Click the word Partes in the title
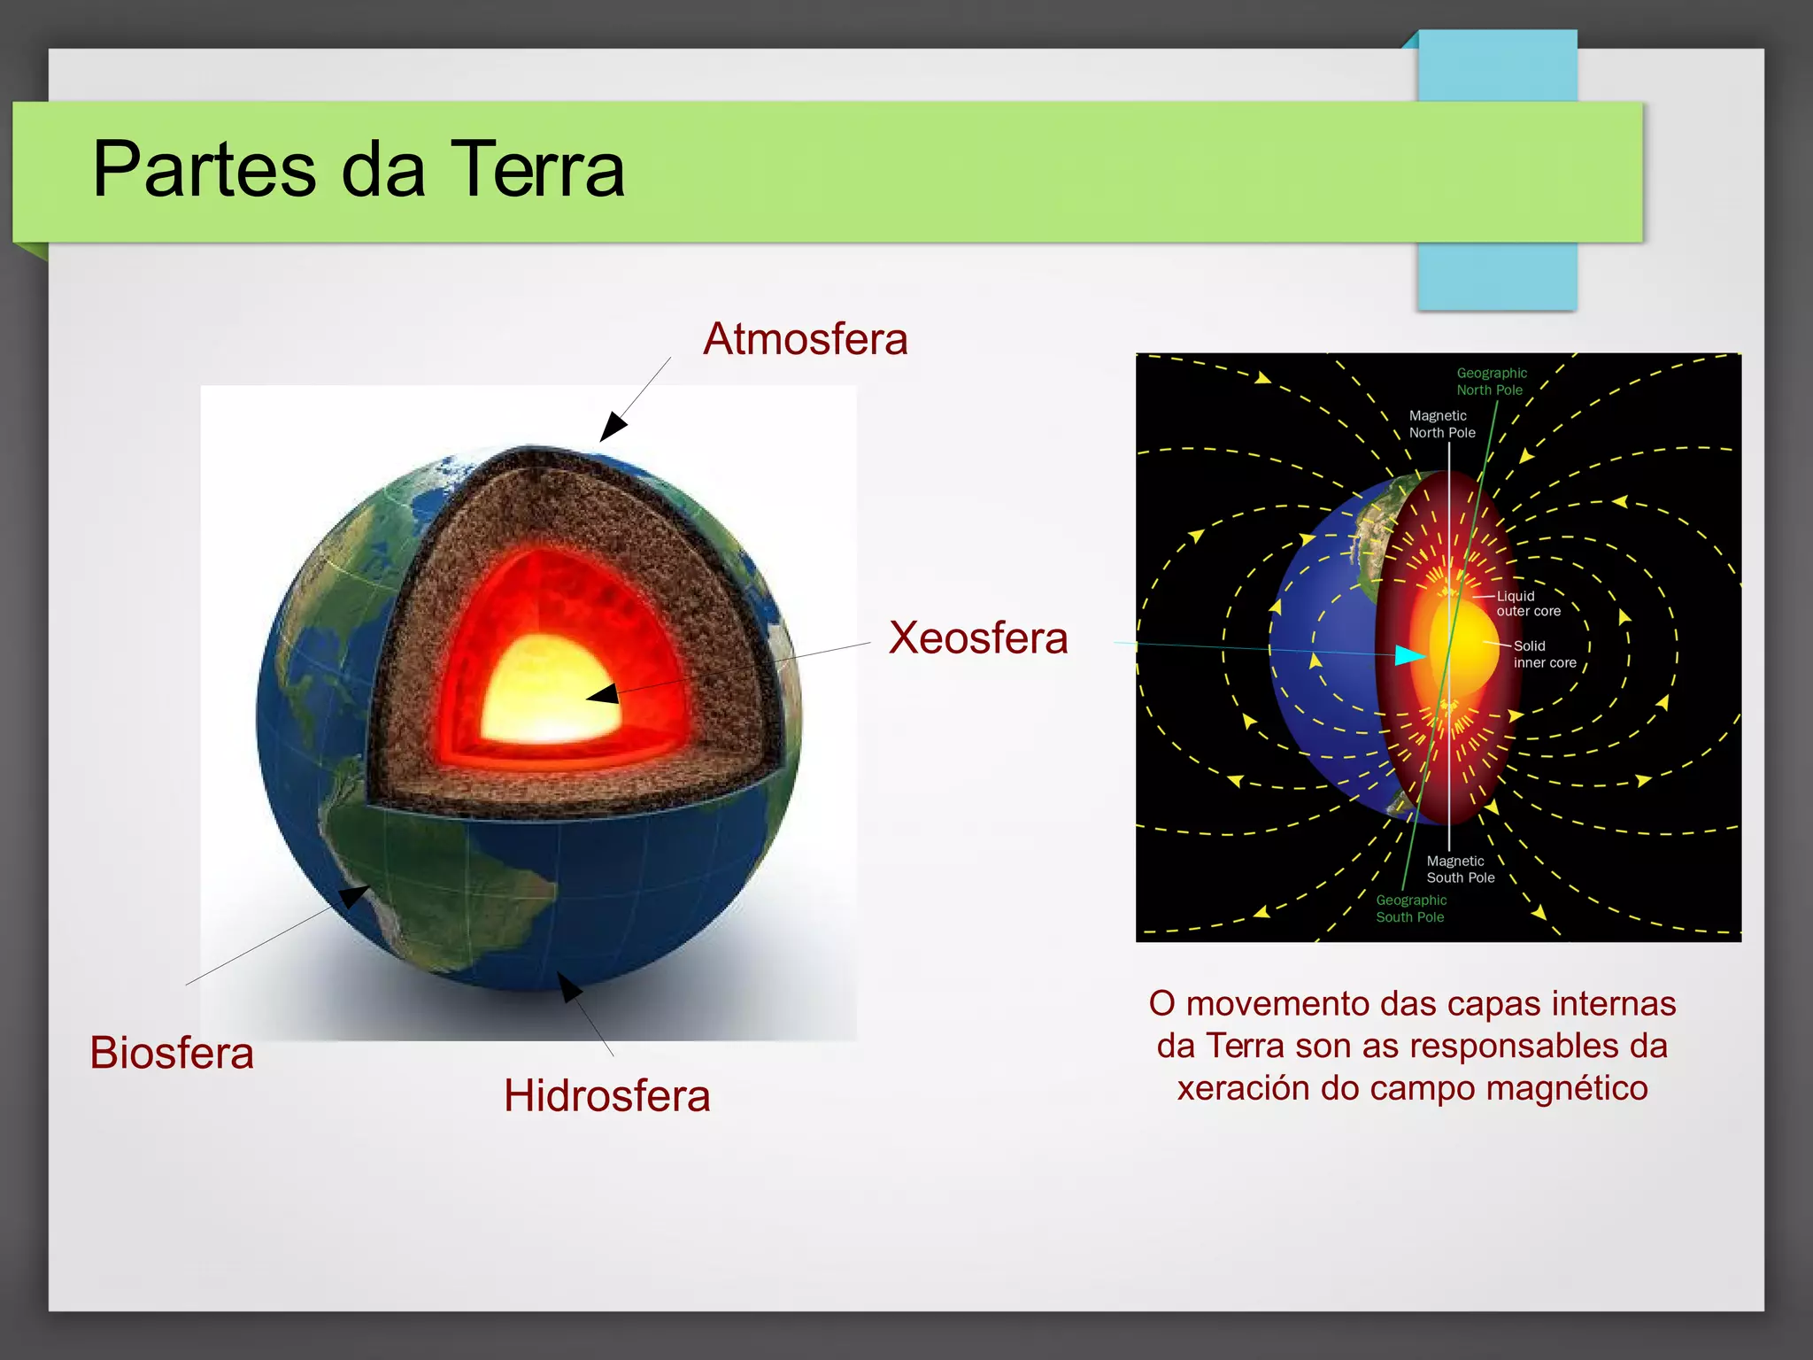(x=204, y=169)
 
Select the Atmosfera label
(x=805, y=339)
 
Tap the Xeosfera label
(x=978, y=637)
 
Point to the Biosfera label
(x=172, y=1053)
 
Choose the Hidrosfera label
(x=607, y=1095)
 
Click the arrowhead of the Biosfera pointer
(x=354, y=895)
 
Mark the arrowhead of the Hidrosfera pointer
(x=569, y=985)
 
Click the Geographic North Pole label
(x=1491, y=382)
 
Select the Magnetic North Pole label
(x=1442, y=424)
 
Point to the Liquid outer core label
(x=1528, y=604)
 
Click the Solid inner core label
(x=1544, y=654)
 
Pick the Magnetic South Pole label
(x=1460, y=869)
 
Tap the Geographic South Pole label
(x=1410, y=908)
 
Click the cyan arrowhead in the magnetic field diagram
(x=1410, y=655)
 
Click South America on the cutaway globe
(x=416, y=850)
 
